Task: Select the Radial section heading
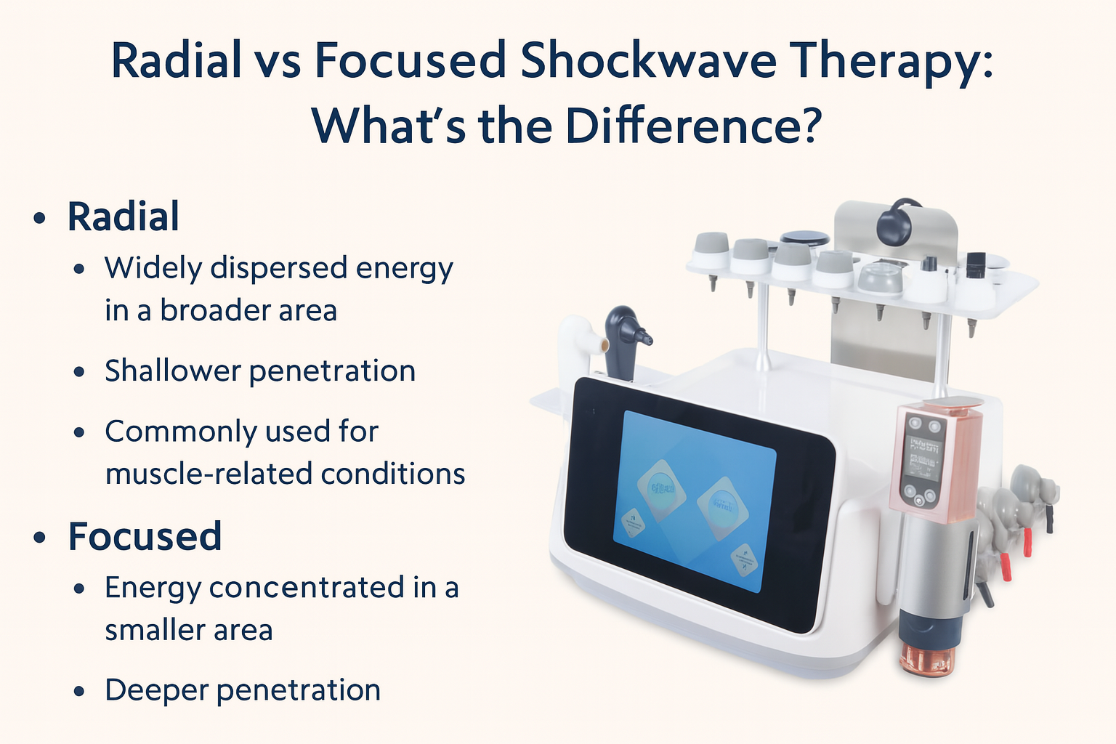point(123,217)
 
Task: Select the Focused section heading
point(145,536)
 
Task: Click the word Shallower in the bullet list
point(172,371)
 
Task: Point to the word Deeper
point(156,690)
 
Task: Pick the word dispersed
point(278,268)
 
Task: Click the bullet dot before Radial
point(40,218)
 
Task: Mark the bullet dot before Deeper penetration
point(80,691)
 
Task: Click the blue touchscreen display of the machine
point(694,501)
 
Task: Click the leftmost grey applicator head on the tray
point(711,251)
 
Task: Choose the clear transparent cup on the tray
point(879,278)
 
